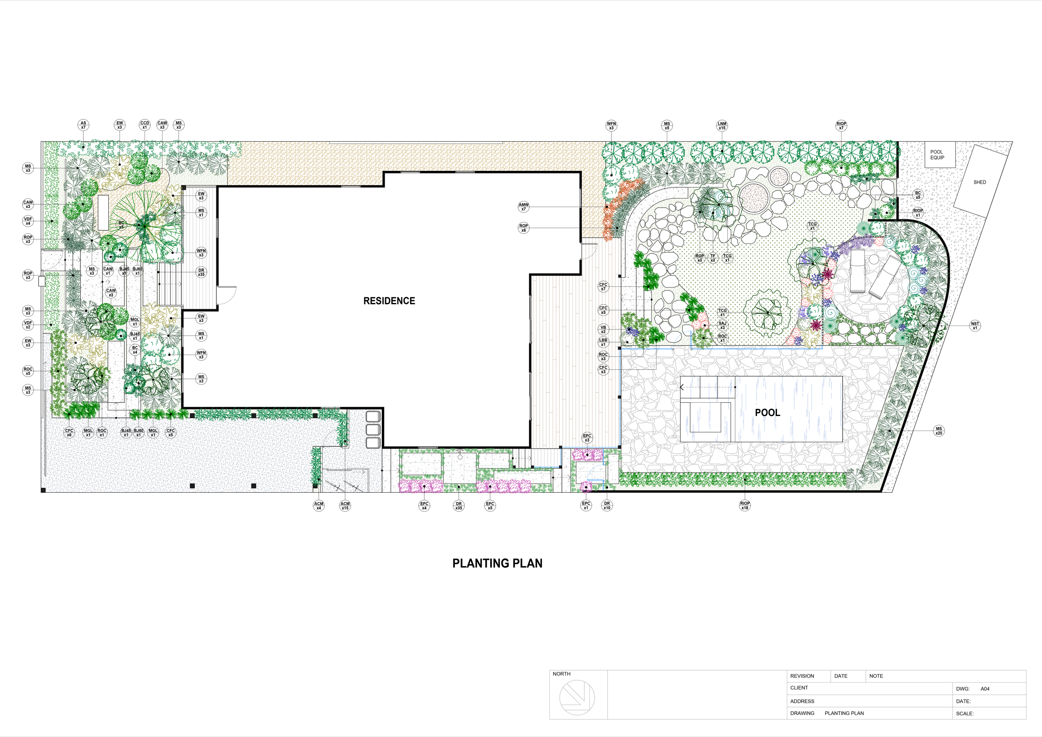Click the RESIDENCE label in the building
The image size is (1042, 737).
(389, 301)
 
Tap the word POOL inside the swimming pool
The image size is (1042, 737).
(767, 413)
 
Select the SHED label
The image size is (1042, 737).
(979, 183)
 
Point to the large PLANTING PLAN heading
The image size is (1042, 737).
(497, 563)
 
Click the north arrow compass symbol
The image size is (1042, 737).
(577, 697)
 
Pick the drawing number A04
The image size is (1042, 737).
(985, 689)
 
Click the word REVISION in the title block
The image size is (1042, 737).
(802, 676)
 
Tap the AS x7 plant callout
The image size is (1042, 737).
(83, 125)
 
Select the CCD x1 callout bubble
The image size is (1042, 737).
(144, 125)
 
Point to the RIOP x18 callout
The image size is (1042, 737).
(745, 506)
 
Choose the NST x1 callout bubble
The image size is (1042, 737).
(975, 326)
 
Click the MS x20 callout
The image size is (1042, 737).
(939, 431)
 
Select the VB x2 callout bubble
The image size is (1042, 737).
(603, 329)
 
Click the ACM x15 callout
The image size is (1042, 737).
(345, 506)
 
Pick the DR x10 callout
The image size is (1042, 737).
(607, 506)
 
